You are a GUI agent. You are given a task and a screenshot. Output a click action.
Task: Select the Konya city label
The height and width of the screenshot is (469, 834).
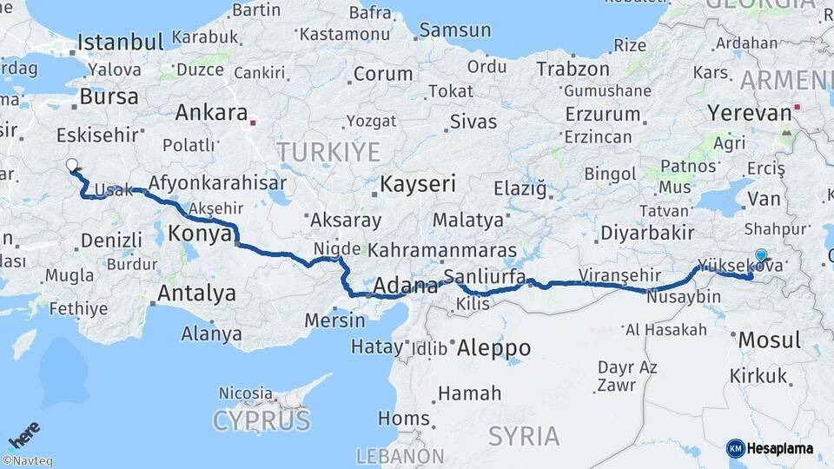tap(200, 233)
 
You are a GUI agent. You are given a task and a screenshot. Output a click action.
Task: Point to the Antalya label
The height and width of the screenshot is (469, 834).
tap(196, 294)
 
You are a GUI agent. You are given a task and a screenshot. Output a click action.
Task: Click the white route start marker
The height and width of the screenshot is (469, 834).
tap(72, 164)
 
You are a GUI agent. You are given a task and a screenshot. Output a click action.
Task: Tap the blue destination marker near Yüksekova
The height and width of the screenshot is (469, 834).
tap(762, 255)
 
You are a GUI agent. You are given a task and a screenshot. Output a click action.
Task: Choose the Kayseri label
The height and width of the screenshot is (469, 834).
tap(418, 184)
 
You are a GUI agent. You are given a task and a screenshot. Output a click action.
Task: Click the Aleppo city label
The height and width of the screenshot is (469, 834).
tap(493, 347)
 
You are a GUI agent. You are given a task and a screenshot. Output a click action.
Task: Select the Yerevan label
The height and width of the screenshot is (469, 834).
tap(749, 113)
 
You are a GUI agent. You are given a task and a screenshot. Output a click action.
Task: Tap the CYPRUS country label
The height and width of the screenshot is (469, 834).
tap(261, 421)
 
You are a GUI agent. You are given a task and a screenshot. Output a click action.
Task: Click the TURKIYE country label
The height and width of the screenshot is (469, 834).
tap(328, 152)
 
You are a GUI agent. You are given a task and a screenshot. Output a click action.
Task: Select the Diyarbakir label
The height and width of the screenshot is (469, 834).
tap(647, 233)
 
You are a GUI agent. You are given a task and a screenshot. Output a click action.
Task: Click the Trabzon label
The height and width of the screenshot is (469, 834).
tap(573, 69)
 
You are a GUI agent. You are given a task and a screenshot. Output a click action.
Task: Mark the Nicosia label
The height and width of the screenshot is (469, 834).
tap(246, 393)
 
